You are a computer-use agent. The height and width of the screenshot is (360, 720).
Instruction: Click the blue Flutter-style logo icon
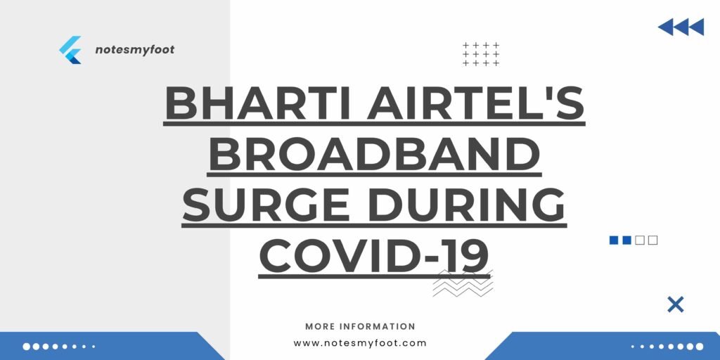71,50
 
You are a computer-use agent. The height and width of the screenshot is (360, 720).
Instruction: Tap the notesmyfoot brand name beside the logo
134,50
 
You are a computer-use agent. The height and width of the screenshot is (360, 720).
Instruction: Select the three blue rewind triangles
681,27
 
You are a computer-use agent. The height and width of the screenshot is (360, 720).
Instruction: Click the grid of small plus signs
481,54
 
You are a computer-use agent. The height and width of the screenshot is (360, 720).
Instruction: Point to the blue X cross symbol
675,304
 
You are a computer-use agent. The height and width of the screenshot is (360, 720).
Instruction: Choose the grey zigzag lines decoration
463,283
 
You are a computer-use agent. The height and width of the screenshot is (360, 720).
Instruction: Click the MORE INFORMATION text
360,326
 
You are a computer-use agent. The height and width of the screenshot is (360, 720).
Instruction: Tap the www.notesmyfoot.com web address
360,343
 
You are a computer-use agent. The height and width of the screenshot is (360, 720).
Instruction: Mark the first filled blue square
614,240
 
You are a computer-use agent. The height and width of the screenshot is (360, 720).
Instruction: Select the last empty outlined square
653,240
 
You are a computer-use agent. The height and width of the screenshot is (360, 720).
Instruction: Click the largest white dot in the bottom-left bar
27,346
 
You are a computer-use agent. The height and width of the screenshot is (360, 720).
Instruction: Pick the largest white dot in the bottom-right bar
699,346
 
